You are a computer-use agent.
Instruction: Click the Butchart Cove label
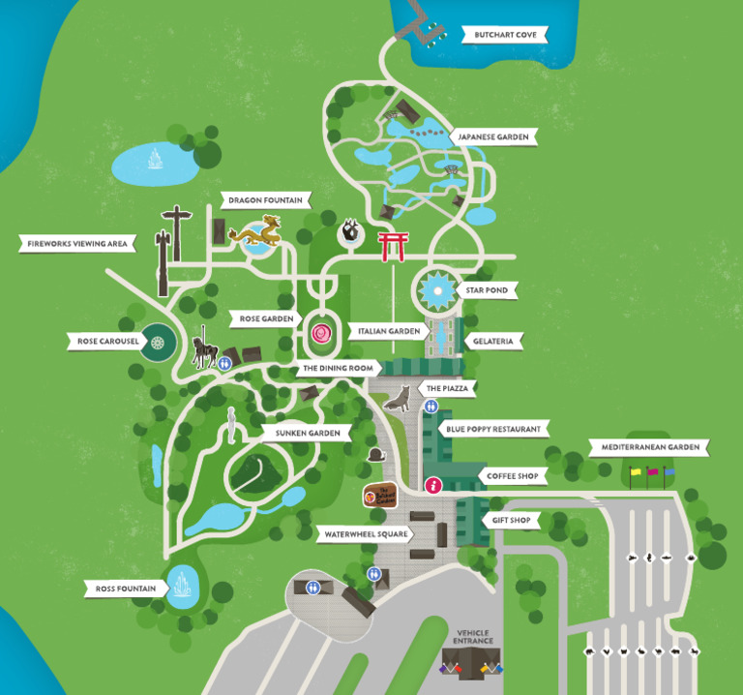505,36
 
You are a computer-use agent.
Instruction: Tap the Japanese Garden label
493,137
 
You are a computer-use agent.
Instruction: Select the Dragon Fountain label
265,200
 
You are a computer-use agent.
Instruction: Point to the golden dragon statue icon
258,232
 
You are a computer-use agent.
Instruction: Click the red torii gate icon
392,246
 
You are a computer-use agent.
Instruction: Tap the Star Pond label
485,289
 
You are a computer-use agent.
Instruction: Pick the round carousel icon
157,342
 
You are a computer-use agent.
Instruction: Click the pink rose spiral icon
321,335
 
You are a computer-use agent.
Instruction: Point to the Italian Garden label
389,331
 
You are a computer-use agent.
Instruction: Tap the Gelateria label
494,341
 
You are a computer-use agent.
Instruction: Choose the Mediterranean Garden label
649,447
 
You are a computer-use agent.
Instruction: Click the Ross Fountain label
126,588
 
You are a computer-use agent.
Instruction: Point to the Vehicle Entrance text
474,637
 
